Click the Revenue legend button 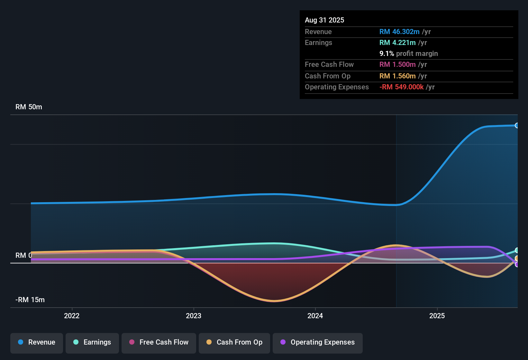[37, 342]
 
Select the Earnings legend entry [92, 342]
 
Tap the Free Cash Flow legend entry [159, 342]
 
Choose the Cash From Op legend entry [234, 342]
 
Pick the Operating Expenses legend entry [318, 342]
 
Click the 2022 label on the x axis [72, 316]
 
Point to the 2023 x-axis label [194, 316]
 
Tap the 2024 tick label [315, 316]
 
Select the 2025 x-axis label [437, 316]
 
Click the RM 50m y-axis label [29, 107]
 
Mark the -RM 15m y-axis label [30, 300]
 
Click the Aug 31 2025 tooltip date [324, 20]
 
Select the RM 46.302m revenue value [399, 32]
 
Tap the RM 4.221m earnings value [397, 43]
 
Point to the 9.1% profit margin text [409, 54]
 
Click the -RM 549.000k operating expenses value [401, 87]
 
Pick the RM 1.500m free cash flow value [397, 65]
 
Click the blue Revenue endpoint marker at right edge [517, 125]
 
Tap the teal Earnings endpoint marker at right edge [517, 250]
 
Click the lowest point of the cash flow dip [274, 301]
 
